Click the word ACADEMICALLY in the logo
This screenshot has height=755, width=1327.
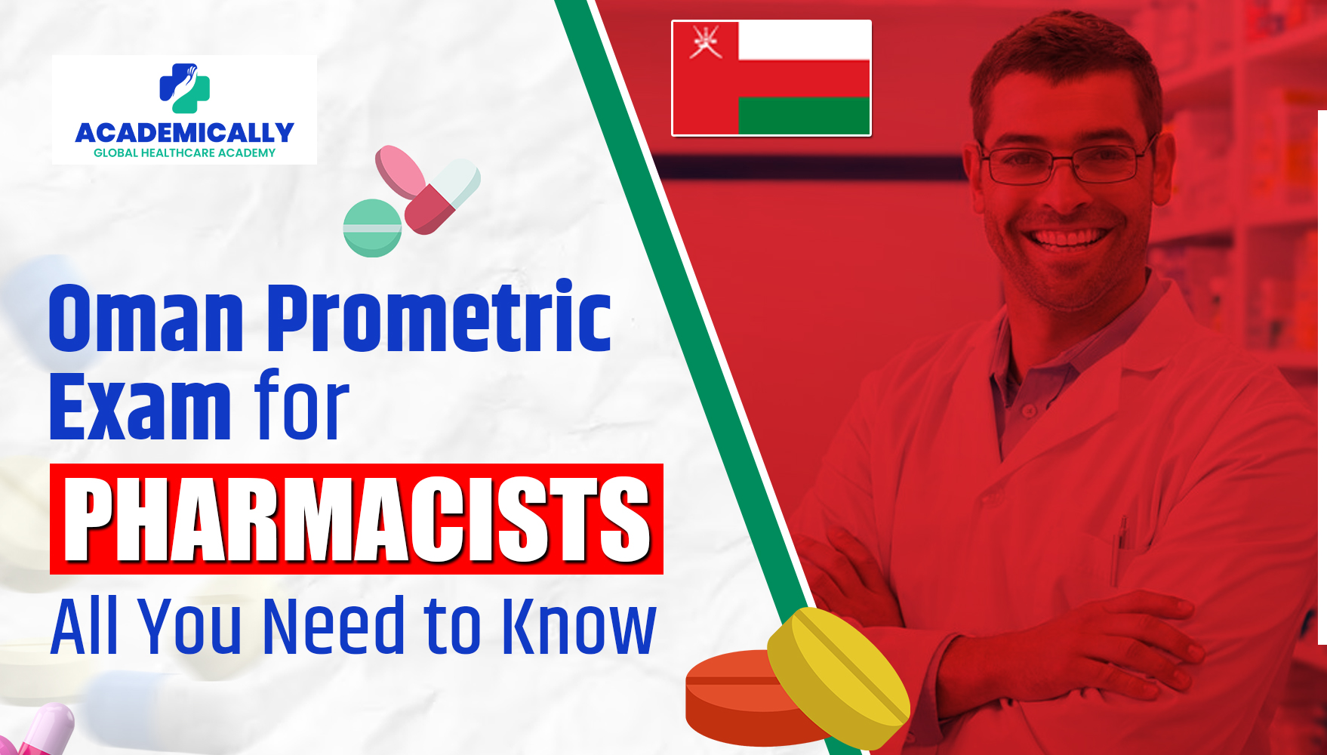pyautogui.click(x=184, y=133)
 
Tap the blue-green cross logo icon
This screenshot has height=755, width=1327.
pyautogui.click(x=184, y=88)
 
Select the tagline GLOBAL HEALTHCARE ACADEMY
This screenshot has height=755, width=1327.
pyautogui.click(x=184, y=153)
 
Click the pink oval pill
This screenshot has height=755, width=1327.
pyautogui.click(x=400, y=172)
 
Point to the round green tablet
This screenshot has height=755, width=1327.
pyautogui.click(x=372, y=228)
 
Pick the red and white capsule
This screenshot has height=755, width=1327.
pyautogui.click(x=442, y=196)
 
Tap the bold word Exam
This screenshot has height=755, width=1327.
pyautogui.click(x=140, y=408)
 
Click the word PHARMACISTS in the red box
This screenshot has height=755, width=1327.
pyautogui.click(x=356, y=519)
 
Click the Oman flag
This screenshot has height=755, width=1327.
pyautogui.click(x=771, y=79)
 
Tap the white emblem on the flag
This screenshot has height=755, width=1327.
pyautogui.click(x=705, y=42)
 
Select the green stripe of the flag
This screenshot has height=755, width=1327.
pyautogui.click(x=803, y=116)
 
